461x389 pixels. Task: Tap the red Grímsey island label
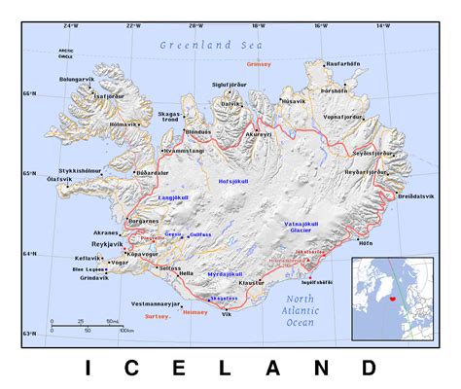259,63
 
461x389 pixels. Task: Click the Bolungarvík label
80,75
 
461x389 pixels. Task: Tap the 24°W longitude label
70,24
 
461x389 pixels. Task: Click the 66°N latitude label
32,92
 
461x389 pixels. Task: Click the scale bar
88,323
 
